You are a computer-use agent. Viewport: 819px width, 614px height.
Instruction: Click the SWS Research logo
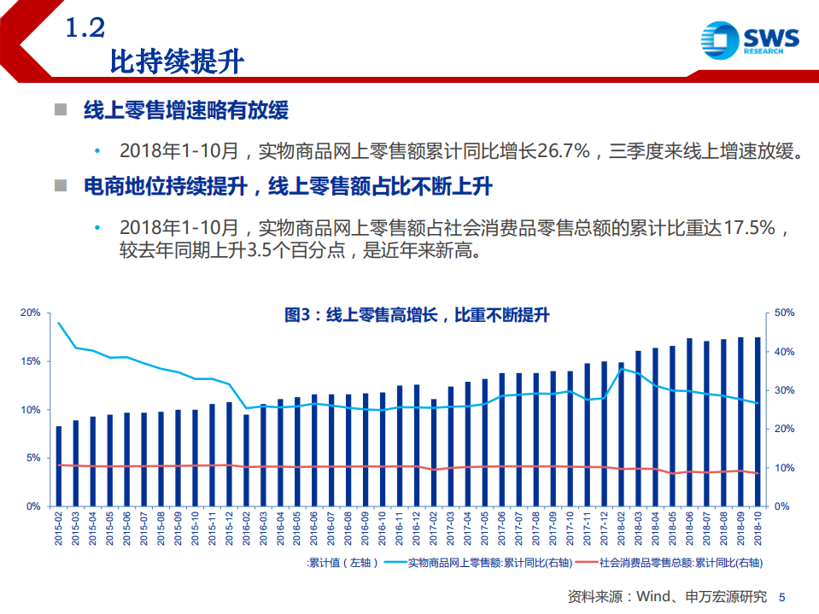[749, 39]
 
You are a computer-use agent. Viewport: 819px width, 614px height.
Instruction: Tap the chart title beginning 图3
[416, 315]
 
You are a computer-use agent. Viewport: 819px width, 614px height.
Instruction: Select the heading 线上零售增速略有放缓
[185, 111]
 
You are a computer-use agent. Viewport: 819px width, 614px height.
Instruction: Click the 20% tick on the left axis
[31, 313]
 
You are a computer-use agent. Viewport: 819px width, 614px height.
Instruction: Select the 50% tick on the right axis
[784, 313]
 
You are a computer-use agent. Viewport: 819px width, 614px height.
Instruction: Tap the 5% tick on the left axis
[33, 459]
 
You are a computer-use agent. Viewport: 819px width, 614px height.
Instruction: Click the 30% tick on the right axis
[784, 391]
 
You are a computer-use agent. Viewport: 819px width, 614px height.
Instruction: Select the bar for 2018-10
[757, 422]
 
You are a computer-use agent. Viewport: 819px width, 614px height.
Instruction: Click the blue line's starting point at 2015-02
[58, 324]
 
